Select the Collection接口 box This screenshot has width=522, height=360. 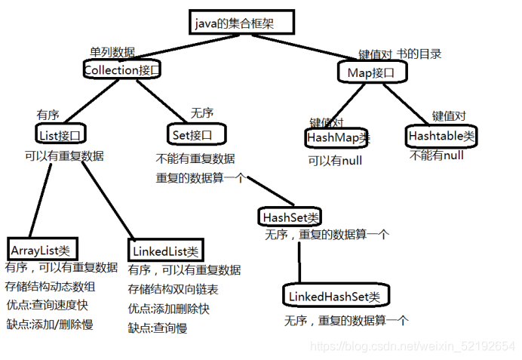pyautogui.click(x=122, y=70)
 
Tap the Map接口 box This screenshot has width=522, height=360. pyautogui.click(x=372, y=72)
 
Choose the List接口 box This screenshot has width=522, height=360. pyautogui.click(x=60, y=135)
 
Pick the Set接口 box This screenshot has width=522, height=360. pyautogui.click(x=198, y=134)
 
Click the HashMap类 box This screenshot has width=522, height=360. pyautogui.click(x=336, y=138)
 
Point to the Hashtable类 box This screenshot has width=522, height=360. pyautogui.click(x=441, y=137)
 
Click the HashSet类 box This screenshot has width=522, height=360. pyautogui.click(x=290, y=217)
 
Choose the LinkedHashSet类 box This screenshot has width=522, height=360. pyautogui.click(x=336, y=295)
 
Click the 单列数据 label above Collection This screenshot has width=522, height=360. pyautogui.click(x=112, y=52)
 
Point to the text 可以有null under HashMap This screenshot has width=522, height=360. pyautogui.click(x=335, y=161)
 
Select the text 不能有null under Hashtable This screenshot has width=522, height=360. pyautogui.click(x=437, y=155)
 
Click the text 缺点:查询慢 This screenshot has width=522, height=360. pyautogui.click(x=158, y=328)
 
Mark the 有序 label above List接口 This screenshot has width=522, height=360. pyautogui.click(x=48, y=115)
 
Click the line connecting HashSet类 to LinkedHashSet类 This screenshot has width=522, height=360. pyautogui.click(x=299, y=260)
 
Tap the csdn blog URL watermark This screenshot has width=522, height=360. pyautogui.click(x=413, y=346)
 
